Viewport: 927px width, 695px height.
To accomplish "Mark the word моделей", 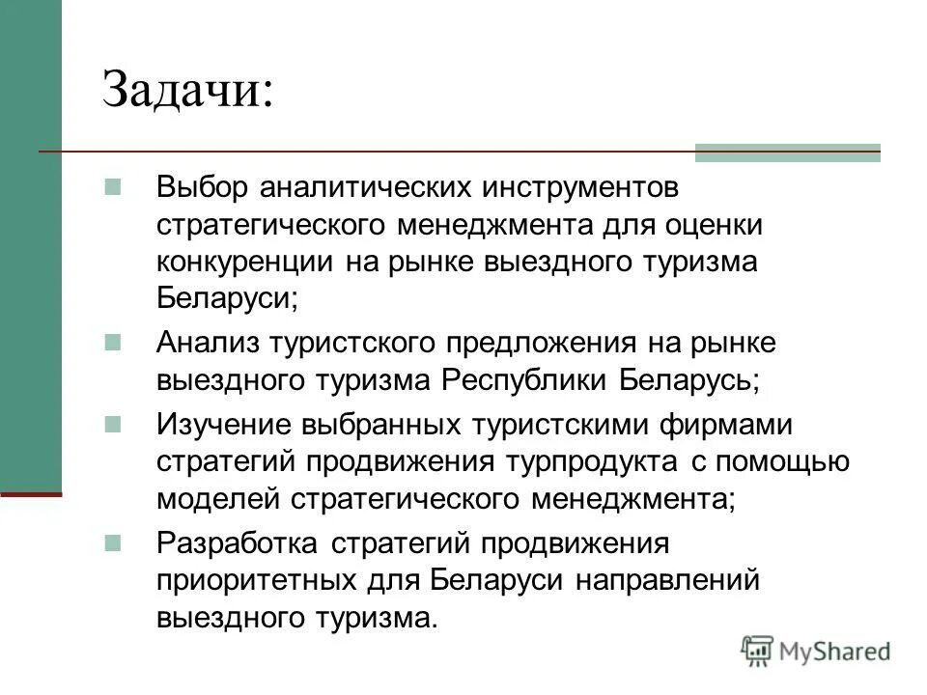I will pyautogui.click(x=213, y=499).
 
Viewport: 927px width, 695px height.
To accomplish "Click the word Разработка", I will pyautogui.click(x=235, y=542).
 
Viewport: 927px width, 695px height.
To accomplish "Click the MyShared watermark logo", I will pyautogui.click(x=816, y=652).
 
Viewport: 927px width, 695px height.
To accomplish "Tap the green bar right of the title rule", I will pyautogui.click(x=787, y=152).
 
